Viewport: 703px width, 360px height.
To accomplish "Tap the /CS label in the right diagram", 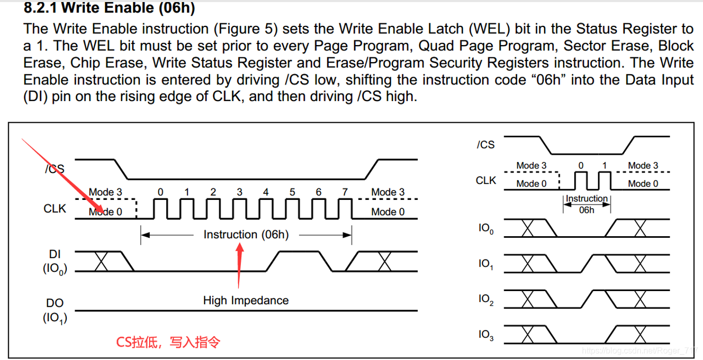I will pyautogui.click(x=486, y=145).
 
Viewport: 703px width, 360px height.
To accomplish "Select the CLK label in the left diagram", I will pyautogui.click(x=55, y=208).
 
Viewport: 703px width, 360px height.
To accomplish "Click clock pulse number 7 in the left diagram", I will pyautogui.click(x=345, y=192).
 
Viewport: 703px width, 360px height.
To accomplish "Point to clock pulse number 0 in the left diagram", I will pyautogui.click(x=160, y=192).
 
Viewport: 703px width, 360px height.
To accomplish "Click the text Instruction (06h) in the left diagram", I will pyautogui.click(x=246, y=235).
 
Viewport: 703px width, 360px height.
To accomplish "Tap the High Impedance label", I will pyautogui.click(x=246, y=300).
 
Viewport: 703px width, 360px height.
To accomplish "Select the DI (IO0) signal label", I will pyautogui.click(x=55, y=262).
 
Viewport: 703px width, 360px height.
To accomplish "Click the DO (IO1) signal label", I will pyautogui.click(x=55, y=310).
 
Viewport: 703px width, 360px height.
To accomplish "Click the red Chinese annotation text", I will pyautogui.click(x=168, y=342).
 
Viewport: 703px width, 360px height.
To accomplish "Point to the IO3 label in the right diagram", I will pyautogui.click(x=486, y=335).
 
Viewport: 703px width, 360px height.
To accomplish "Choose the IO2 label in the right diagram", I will pyautogui.click(x=486, y=299).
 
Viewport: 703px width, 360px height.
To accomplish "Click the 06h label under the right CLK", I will pyautogui.click(x=587, y=210).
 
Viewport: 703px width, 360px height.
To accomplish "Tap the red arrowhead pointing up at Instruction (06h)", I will pyautogui.click(x=239, y=248).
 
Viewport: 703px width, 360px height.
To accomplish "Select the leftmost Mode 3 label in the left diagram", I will pyautogui.click(x=106, y=192).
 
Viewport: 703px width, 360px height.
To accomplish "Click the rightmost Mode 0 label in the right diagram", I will pyautogui.click(x=643, y=183).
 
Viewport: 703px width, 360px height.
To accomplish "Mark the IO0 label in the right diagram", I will pyautogui.click(x=486, y=228).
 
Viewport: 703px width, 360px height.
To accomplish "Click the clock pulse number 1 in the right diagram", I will pyautogui.click(x=604, y=166).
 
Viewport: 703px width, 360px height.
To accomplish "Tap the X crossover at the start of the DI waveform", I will pyautogui.click(x=101, y=262).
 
